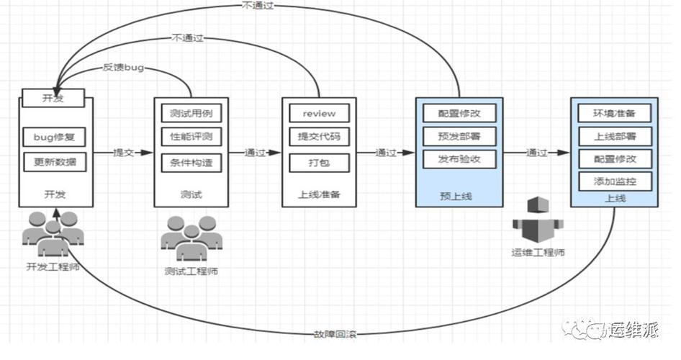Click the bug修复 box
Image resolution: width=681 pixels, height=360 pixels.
pyautogui.click(x=54, y=136)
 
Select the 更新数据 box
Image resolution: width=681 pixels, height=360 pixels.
pyautogui.click(x=54, y=162)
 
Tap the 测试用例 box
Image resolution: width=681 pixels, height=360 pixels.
pyautogui.click(x=191, y=114)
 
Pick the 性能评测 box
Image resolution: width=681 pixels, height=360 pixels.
pyautogui.click(x=191, y=137)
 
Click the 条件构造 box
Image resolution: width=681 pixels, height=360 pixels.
pyautogui.click(x=191, y=162)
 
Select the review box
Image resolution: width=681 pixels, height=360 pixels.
pyautogui.click(x=319, y=114)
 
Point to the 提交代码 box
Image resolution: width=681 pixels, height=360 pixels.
pyautogui.click(x=319, y=137)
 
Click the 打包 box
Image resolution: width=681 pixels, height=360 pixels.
pyautogui.click(x=319, y=162)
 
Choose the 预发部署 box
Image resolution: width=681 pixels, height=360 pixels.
pyautogui.click(x=459, y=136)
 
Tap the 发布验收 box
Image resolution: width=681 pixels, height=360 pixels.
pyautogui.click(x=459, y=159)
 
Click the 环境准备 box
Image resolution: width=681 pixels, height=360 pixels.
pyautogui.click(x=615, y=114)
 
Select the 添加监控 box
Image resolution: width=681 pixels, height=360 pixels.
pyautogui.click(x=615, y=181)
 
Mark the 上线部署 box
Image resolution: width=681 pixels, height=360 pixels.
pyautogui.click(x=615, y=136)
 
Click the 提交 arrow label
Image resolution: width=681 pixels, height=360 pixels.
pyautogui.click(x=123, y=153)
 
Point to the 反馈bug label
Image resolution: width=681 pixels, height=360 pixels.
pyautogui.click(x=123, y=68)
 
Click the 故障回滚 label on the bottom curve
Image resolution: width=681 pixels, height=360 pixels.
pyautogui.click(x=335, y=334)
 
